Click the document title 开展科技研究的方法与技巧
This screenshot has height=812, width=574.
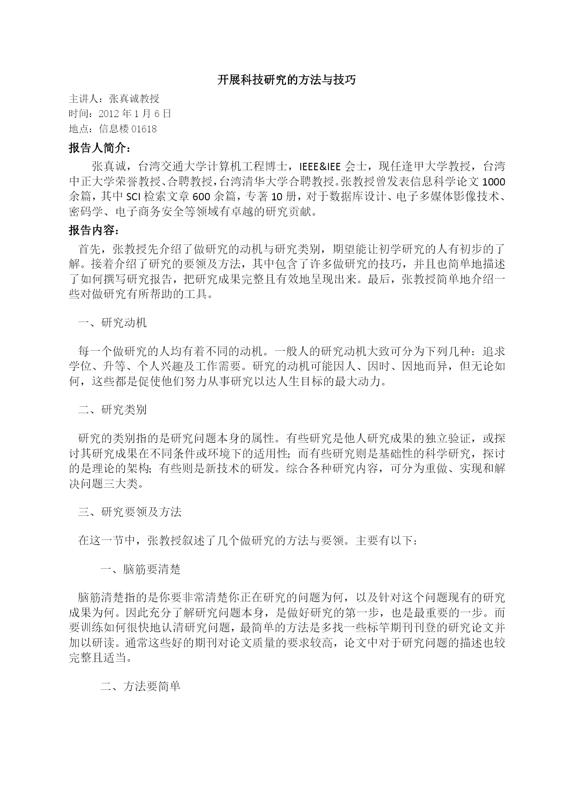click(x=287, y=80)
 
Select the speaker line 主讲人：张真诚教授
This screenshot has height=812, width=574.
click(x=114, y=99)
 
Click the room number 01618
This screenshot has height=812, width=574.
click(x=144, y=129)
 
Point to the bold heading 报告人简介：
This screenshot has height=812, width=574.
click(x=100, y=148)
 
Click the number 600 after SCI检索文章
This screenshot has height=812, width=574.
click(x=202, y=197)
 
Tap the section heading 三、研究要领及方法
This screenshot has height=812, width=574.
click(x=130, y=512)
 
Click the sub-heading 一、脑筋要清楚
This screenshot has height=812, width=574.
click(x=140, y=569)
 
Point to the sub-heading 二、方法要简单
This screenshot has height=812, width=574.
click(x=140, y=686)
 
